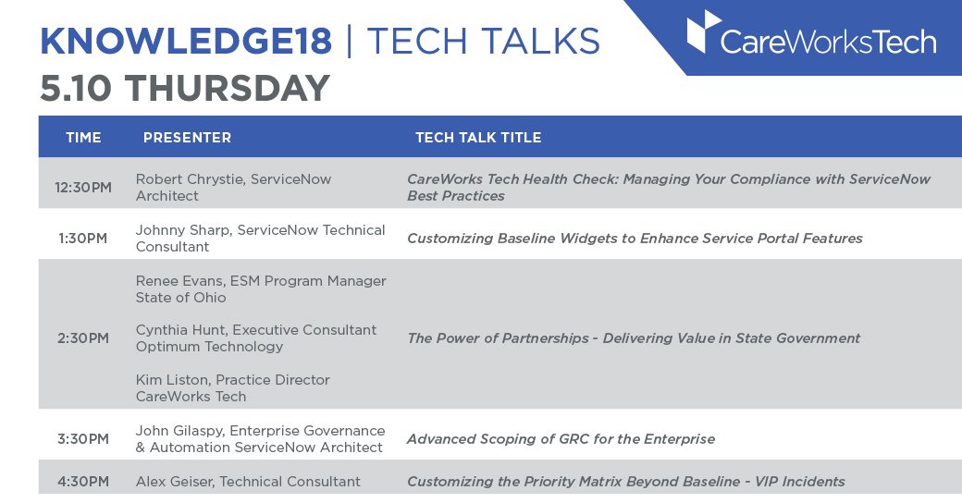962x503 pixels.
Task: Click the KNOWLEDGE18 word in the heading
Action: tap(185, 42)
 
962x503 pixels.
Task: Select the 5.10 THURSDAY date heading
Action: tap(185, 89)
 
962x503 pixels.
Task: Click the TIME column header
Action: tap(83, 138)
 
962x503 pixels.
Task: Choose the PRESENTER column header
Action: tap(187, 138)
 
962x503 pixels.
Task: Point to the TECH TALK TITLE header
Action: tap(478, 138)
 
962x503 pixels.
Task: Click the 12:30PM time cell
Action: tap(83, 188)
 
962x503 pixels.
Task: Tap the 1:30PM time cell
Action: tap(83, 239)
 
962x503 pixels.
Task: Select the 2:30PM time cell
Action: tap(83, 338)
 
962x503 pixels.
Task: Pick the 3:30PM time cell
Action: tap(83, 439)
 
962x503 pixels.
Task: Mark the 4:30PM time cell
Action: tap(83, 482)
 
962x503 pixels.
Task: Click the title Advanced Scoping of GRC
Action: tap(561, 439)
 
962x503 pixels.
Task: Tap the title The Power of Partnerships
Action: tap(634, 338)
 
